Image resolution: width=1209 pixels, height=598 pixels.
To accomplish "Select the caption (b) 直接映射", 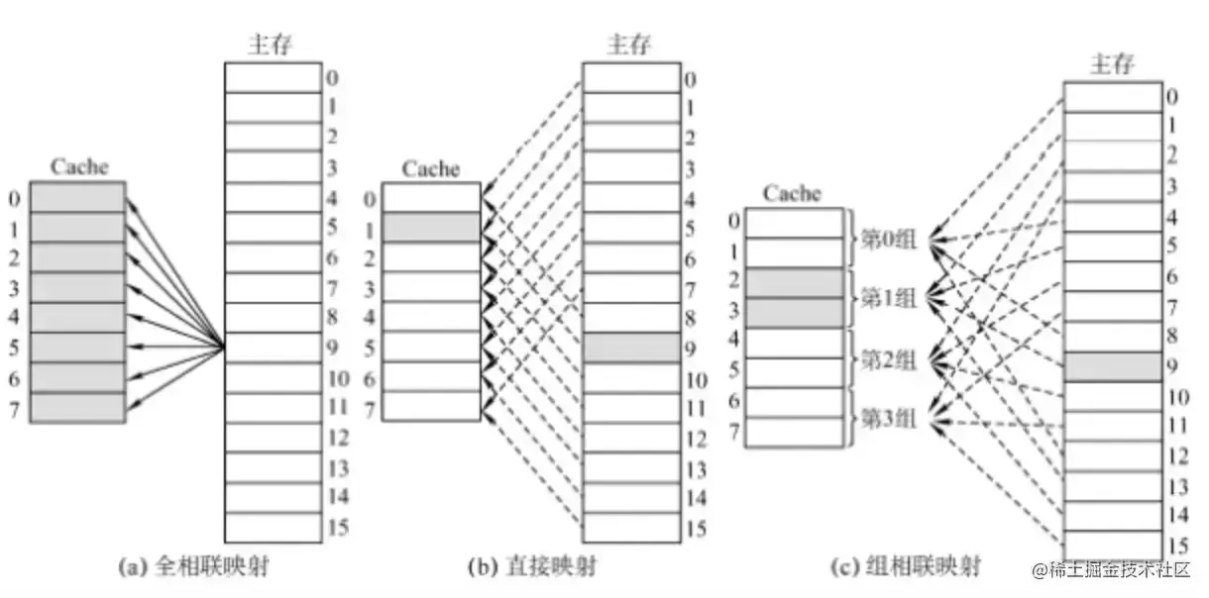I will (532, 567).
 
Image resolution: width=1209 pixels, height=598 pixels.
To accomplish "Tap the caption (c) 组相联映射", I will (906, 567).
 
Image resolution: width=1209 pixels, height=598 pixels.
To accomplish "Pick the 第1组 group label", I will (888, 297).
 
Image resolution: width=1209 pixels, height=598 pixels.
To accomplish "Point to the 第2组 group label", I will (888, 358).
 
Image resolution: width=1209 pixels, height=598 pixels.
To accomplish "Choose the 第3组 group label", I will (888, 419).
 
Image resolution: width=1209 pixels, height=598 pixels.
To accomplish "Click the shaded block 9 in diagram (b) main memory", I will (631, 348).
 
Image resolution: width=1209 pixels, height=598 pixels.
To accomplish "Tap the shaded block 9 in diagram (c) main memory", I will (1112, 366).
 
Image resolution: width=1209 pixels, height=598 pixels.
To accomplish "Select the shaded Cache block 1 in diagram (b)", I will (431, 227).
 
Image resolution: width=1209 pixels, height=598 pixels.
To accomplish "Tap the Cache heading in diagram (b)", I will (431, 169).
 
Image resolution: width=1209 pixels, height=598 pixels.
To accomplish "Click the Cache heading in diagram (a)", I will (79, 166).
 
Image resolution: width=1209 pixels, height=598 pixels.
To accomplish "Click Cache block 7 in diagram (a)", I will (77, 407).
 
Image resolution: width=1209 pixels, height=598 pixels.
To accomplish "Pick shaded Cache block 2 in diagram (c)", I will (794, 282).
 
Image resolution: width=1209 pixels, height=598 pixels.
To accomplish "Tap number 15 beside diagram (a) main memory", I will (337, 527).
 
